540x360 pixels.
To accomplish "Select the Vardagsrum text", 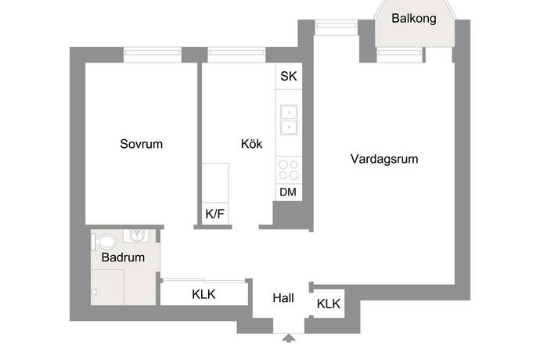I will pos(383,159).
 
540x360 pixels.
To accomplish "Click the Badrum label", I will pos(123,257).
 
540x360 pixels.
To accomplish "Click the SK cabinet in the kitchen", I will pos(289,77).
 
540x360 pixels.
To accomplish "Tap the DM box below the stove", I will pos(288,192).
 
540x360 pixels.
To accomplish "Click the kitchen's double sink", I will pos(289,119).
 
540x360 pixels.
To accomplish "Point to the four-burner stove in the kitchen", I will pos(289,170).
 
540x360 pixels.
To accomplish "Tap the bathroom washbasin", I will pos(139,236).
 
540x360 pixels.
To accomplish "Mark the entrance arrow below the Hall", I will pos(289,338).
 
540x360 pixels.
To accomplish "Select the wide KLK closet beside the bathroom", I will pos(203,294).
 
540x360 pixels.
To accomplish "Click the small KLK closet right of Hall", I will pos(329,304).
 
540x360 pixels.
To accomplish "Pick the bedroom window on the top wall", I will pos(153,55).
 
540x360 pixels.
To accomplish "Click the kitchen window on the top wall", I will pos(237,55).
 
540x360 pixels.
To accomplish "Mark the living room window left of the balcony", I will pos(337,28).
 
